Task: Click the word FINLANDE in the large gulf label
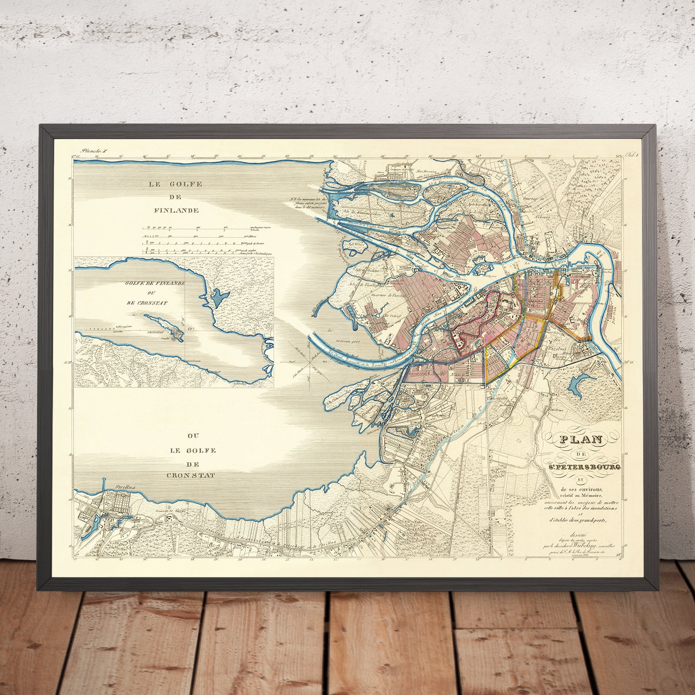pos(176,211)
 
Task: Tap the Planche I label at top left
pos(93,150)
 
